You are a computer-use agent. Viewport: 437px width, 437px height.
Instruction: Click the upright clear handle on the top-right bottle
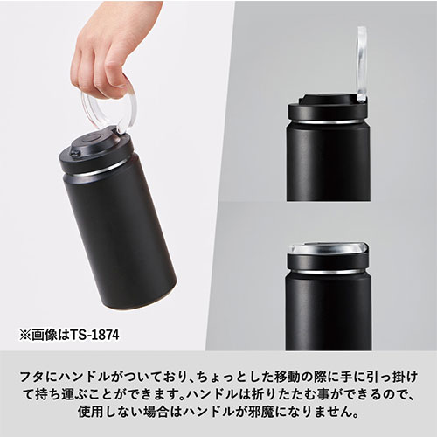(361, 64)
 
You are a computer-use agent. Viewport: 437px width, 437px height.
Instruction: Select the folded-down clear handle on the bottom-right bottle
(328, 248)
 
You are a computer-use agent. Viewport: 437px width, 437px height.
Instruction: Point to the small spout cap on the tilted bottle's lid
(75, 153)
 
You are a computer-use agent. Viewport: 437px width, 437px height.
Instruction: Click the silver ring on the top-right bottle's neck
(329, 121)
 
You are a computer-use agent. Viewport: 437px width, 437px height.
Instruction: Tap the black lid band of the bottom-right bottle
(328, 261)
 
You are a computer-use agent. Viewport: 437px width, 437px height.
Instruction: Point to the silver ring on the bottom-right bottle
(329, 271)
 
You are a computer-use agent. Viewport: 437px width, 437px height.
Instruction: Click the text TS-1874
(94, 335)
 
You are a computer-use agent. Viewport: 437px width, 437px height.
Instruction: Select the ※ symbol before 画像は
(25, 335)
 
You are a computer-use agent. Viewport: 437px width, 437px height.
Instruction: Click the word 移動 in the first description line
(287, 377)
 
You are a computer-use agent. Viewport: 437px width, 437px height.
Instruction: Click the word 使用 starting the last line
(90, 412)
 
